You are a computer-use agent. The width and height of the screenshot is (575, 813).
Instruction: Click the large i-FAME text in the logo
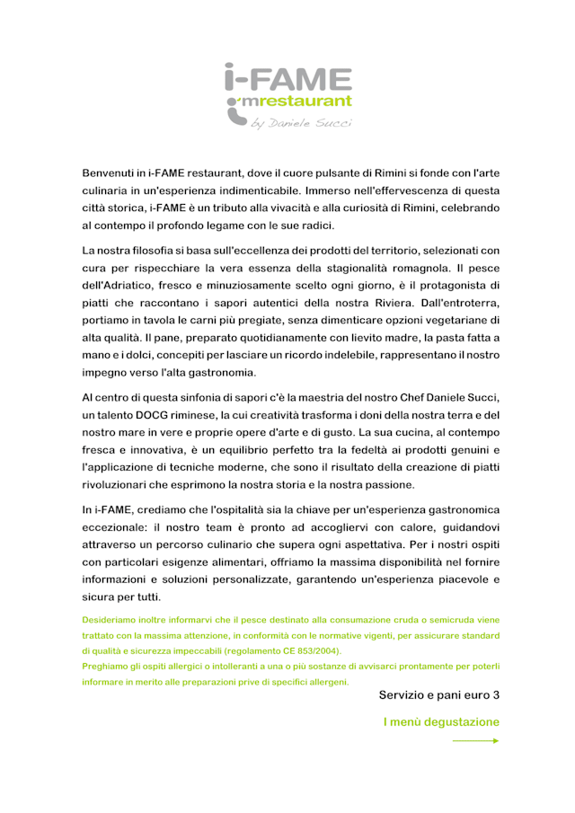click(x=287, y=78)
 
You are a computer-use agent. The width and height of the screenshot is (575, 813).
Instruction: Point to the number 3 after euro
click(x=496, y=695)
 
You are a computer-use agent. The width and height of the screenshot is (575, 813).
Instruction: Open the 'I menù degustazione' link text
click(x=441, y=721)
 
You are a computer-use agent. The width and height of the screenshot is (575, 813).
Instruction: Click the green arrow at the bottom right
click(x=476, y=741)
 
